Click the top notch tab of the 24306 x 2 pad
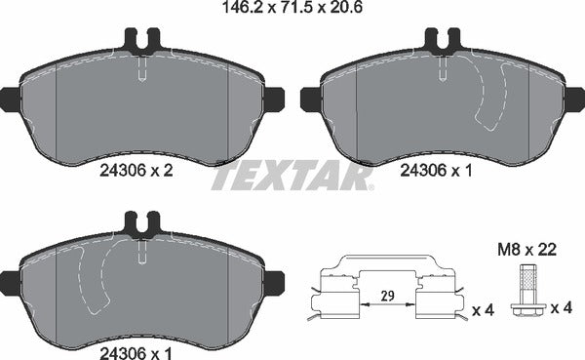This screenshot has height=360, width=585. [x=142, y=42]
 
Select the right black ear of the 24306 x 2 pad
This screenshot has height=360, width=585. [x=274, y=99]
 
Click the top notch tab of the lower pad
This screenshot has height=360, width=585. [x=142, y=224]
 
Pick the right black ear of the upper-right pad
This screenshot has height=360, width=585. [x=575, y=99]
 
